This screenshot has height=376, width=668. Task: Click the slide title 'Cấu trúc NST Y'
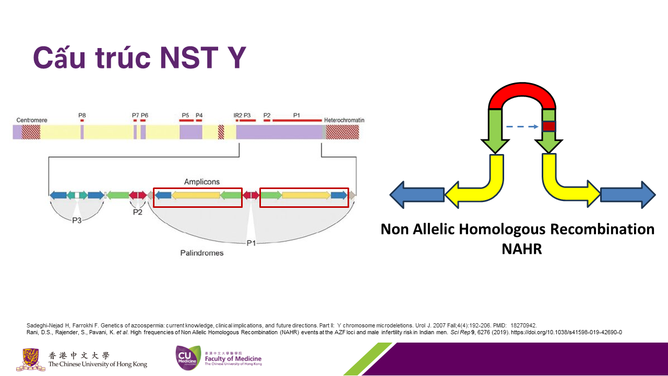click(139, 57)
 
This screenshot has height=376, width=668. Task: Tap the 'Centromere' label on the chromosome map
click(32, 120)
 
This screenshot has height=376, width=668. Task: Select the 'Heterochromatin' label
click(344, 120)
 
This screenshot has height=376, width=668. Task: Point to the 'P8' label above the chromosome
click(82, 115)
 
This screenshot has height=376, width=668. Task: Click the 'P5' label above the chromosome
click(185, 115)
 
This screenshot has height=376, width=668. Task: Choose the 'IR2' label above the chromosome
click(237, 115)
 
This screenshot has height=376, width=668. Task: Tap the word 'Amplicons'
click(202, 182)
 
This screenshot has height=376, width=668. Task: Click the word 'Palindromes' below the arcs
click(202, 253)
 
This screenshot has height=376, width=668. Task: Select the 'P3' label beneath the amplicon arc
click(77, 220)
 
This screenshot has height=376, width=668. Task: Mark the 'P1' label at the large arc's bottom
click(251, 243)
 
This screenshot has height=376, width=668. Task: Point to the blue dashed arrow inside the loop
click(522, 127)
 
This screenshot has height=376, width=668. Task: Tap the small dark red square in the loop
click(549, 126)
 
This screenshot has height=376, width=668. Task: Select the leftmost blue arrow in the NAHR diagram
click(417, 195)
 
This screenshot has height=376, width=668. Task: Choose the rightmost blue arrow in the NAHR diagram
click(628, 195)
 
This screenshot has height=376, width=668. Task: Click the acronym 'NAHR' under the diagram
click(522, 249)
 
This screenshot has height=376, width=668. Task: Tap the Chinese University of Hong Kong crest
click(31, 359)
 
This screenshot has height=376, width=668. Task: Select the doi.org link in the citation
click(567, 333)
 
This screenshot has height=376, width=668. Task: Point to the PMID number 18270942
click(523, 325)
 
